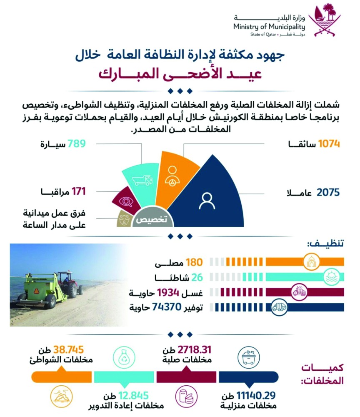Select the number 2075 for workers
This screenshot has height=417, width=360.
(x=329, y=193)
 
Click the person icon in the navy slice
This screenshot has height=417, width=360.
(x=207, y=201)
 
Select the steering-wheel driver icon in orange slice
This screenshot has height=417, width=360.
(x=172, y=173)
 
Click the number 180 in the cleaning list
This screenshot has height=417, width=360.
(x=194, y=263)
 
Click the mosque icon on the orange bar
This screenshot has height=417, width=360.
(x=312, y=262)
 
